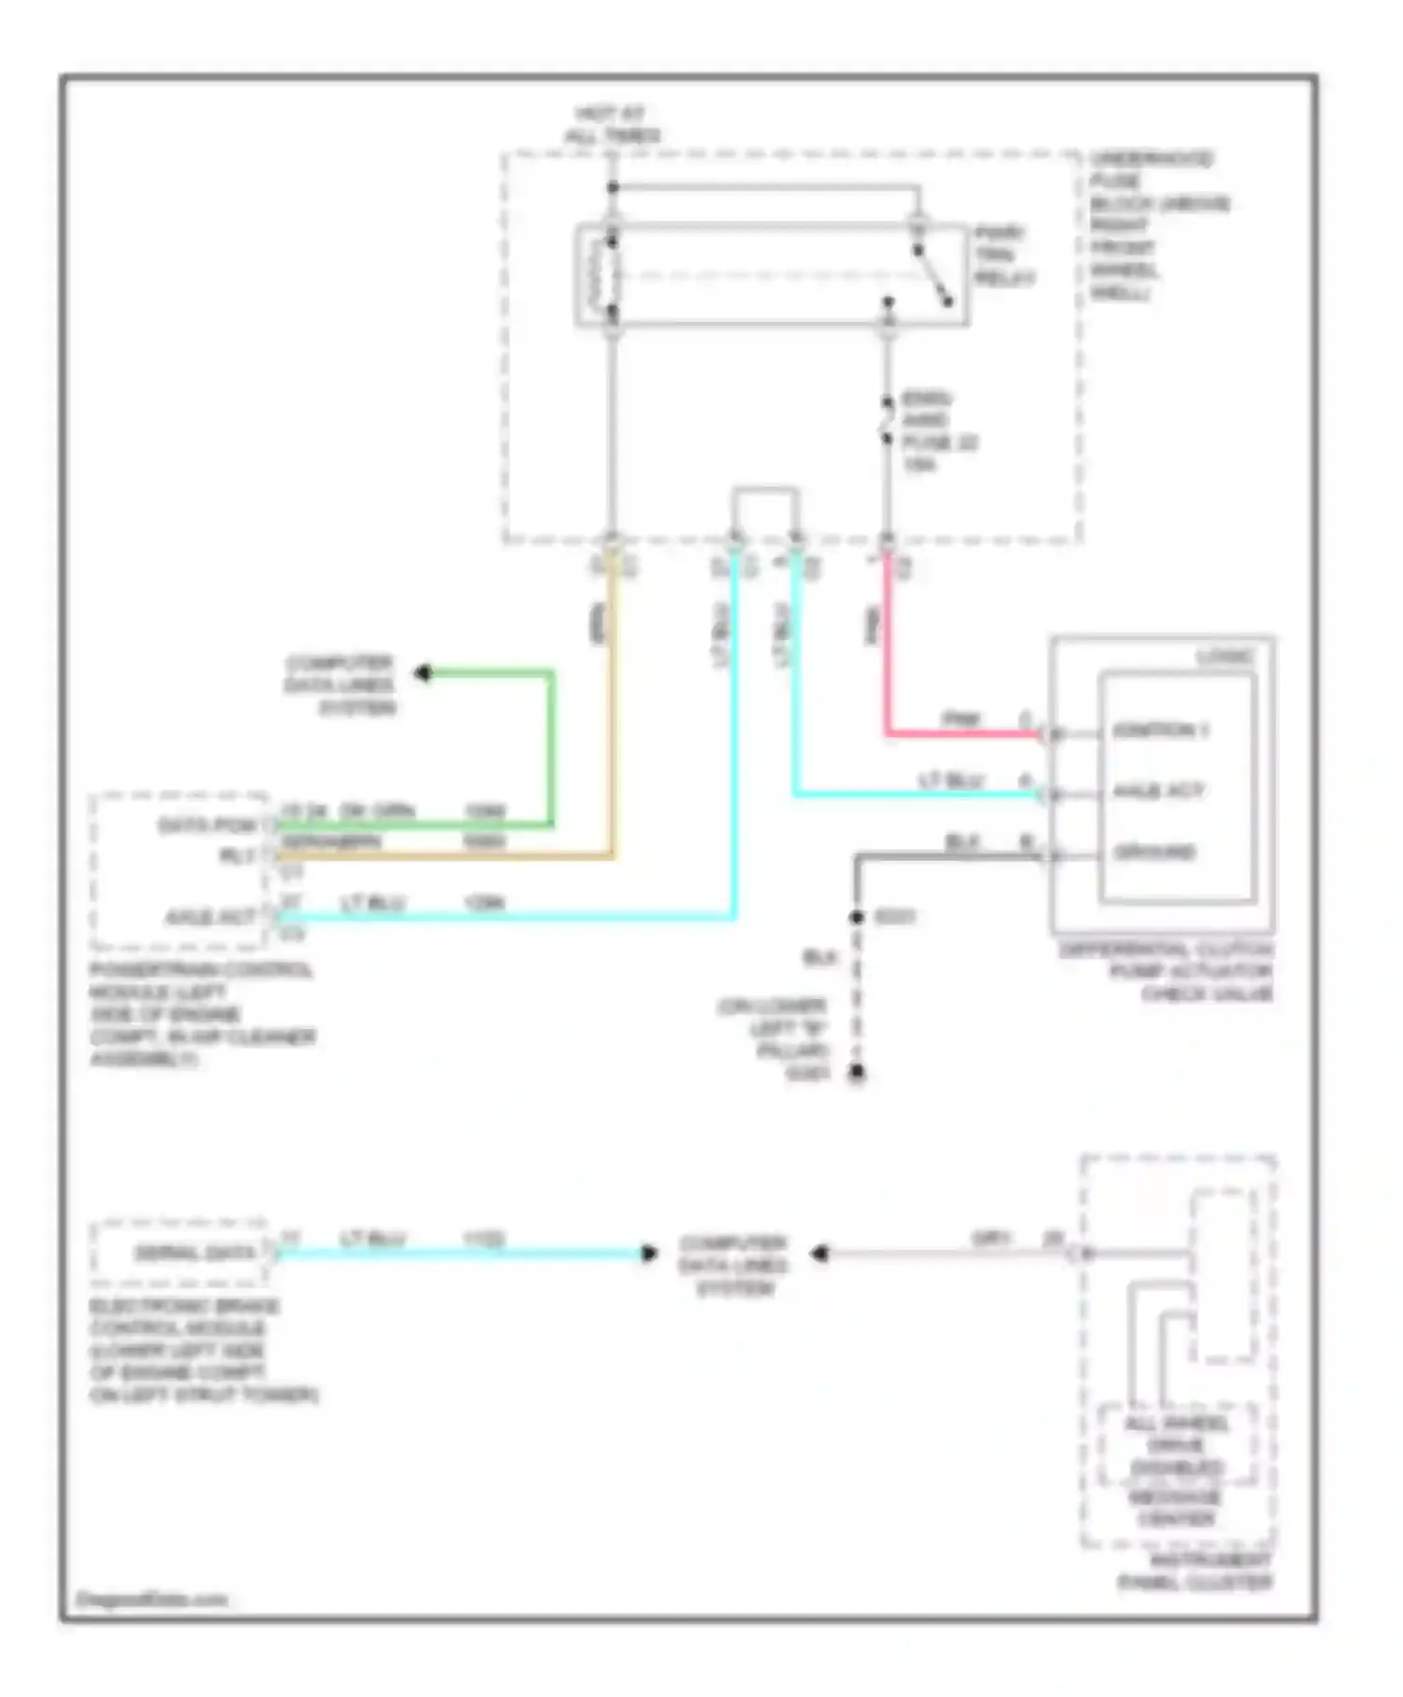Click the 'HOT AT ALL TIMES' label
coord(612,124)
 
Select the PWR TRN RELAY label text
coord(1004,255)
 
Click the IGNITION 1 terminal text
coord(1160,731)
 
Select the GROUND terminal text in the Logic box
coord(1154,852)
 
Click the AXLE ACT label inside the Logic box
coord(1158,791)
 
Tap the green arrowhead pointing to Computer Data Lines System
coord(424,673)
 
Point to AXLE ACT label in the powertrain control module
coord(210,917)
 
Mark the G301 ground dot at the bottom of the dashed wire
coord(856,1073)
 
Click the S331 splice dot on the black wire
coord(856,917)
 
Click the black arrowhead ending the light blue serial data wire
coord(649,1254)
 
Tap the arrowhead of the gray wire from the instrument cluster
coord(818,1254)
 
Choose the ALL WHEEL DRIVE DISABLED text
coord(1176,1445)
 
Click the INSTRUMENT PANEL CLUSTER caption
coord(1195,1572)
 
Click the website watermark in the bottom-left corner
coord(152,1599)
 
